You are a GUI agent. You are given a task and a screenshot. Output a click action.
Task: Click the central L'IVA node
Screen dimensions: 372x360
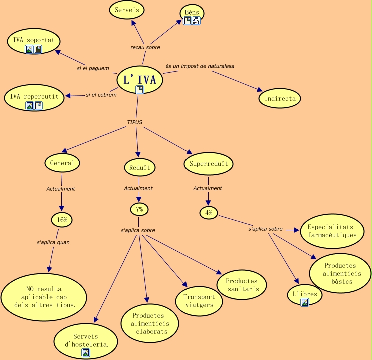(x=140, y=80)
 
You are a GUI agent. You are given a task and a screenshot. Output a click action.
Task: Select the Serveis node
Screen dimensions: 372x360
(x=127, y=10)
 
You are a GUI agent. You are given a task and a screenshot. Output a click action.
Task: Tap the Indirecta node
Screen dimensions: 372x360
(x=280, y=98)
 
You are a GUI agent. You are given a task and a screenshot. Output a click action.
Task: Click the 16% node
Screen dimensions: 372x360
(x=62, y=220)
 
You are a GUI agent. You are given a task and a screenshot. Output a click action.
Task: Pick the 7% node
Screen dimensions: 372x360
(x=139, y=209)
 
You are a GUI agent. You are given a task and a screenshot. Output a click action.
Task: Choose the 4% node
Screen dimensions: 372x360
(x=209, y=213)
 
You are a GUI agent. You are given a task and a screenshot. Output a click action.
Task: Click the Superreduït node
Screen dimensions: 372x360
(x=208, y=164)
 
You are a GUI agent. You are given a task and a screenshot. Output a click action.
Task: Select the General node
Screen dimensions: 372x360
(x=62, y=163)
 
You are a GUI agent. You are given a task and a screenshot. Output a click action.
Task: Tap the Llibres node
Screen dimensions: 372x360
(x=305, y=295)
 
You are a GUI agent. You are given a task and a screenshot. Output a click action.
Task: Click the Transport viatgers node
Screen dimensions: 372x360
(x=199, y=301)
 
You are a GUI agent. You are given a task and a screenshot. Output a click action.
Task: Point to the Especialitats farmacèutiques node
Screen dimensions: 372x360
(x=332, y=231)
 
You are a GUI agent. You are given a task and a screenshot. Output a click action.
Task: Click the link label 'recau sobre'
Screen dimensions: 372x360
(x=145, y=47)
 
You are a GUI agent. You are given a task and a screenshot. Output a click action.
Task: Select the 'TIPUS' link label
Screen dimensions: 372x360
(x=135, y=122)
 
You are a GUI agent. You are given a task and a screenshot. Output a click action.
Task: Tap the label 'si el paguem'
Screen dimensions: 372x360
(x=93, y=68)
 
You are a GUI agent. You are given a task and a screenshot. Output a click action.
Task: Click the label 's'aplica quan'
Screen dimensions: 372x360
(x=53, y=242)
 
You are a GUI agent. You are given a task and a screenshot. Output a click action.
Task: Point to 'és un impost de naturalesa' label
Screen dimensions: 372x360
(x=200, y=66)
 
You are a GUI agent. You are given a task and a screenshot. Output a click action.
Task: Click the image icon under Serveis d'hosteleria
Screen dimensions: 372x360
(x=86, y=353)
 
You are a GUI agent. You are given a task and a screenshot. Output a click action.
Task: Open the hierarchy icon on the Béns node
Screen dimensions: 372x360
(x=196, y=21)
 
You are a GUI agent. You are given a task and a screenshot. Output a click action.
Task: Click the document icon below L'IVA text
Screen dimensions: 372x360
(x=140, y=90)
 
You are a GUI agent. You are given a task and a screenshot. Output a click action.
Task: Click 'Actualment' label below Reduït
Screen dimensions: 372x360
(x=138, y=188)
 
